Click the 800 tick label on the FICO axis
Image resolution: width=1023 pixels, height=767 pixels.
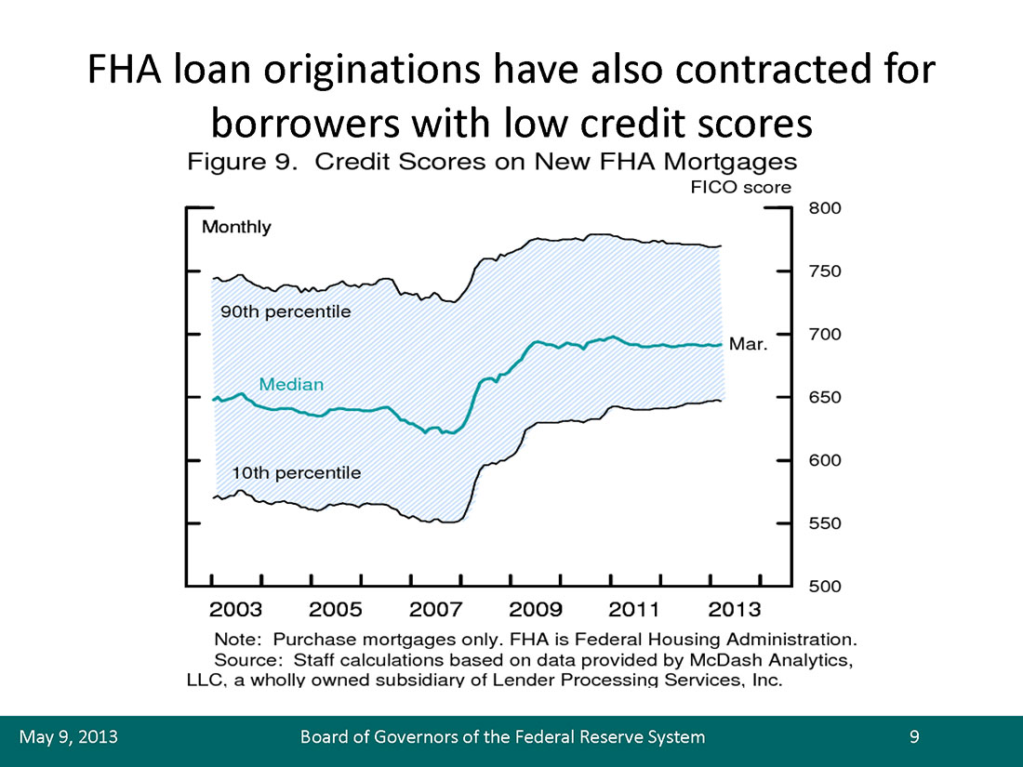coord(825,208)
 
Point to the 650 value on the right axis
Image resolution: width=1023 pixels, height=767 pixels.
coord(825,397)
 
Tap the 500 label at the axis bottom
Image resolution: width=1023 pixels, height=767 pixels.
coord(825,587)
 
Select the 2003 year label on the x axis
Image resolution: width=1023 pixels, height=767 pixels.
coord(235,610)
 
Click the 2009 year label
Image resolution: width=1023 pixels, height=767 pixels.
coord(536,610)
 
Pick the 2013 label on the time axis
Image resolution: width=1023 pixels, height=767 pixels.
coord(735,610)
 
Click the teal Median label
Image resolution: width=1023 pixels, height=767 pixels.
coord(291,384)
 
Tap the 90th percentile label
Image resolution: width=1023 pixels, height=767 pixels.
coord(286,311)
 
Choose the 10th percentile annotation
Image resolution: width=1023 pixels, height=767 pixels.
coord(296,473)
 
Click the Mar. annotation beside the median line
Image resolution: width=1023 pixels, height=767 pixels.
coord(749,344)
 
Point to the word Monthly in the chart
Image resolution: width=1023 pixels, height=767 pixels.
coord(236,227)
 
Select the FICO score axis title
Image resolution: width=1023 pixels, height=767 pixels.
coord(740,188)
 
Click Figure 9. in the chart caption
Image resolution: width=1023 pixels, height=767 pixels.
coord(242,162)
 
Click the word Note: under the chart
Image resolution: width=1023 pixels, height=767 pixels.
coord(238,640)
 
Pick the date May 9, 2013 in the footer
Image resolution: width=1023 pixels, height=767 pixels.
coord(69,737)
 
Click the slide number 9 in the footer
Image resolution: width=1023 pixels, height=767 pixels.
coord(915,736)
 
